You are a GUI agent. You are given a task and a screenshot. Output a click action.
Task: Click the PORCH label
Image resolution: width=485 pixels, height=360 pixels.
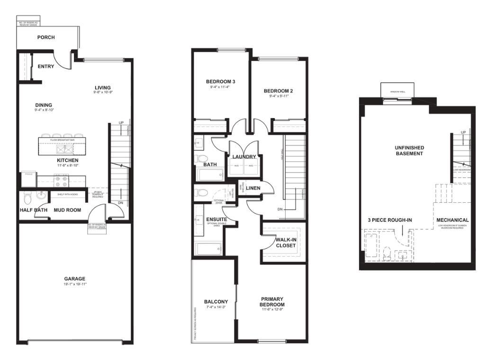click(x=46, y=37)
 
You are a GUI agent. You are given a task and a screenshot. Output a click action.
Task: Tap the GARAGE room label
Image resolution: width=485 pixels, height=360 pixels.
click(x=75, y=279)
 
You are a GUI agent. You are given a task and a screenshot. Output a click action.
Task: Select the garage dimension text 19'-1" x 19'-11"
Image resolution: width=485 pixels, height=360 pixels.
click(x=75, y=284)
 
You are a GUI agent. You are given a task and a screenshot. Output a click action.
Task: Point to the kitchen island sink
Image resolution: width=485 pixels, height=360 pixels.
click(x=63, y=149)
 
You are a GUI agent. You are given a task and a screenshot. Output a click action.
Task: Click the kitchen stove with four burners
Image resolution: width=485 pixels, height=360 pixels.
click(x=62, y=180)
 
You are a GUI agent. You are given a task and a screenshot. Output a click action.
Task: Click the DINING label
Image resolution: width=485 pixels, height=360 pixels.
click(x=44, y=105)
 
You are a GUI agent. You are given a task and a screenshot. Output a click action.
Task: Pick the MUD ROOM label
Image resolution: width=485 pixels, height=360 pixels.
click(x=67, y=210)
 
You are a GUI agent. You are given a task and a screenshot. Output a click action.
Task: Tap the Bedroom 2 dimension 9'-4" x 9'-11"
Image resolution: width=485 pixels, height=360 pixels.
click(x=276, y=96)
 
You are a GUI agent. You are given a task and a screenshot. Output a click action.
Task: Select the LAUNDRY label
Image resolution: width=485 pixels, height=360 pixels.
click(x=244, y=157)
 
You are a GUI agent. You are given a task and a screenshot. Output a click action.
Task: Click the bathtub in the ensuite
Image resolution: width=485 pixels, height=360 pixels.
click(x=208, y=249)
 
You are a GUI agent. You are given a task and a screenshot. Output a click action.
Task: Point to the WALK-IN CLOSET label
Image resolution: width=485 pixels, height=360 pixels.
click(x=286, y=243)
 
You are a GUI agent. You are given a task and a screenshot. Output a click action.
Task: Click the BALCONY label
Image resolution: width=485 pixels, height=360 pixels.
click(x=216, y=302)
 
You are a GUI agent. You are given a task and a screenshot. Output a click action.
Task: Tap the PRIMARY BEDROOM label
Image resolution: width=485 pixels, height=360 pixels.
click(x=272, y=302)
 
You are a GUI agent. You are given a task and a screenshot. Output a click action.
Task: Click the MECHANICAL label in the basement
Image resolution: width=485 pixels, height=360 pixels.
click(x=452, y=220)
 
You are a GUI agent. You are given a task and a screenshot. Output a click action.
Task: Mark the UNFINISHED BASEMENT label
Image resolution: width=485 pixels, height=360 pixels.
click(x=409, y=151)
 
